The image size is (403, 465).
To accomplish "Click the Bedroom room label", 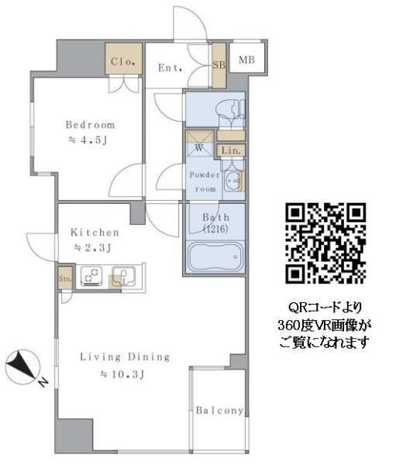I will click(x=90, y=125).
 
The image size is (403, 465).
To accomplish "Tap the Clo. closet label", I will click(x=123, y=61).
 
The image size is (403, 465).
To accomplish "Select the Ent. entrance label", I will click(x=170, y=67).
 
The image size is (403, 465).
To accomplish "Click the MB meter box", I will click(x=246, y=60).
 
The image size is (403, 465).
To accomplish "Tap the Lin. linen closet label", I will click(x=232, y=150).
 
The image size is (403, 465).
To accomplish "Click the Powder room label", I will click(x=204, y=181).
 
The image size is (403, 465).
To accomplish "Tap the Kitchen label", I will click(x=95, y=232).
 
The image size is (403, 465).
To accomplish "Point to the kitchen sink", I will click(x=123, y=276).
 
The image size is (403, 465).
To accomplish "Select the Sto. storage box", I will click(x=64, y=277).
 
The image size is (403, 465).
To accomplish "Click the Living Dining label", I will click(x=125, y=357).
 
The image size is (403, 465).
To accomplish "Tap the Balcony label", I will click(x=219, y=411).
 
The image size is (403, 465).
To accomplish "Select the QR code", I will click(x=325, y=243).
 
